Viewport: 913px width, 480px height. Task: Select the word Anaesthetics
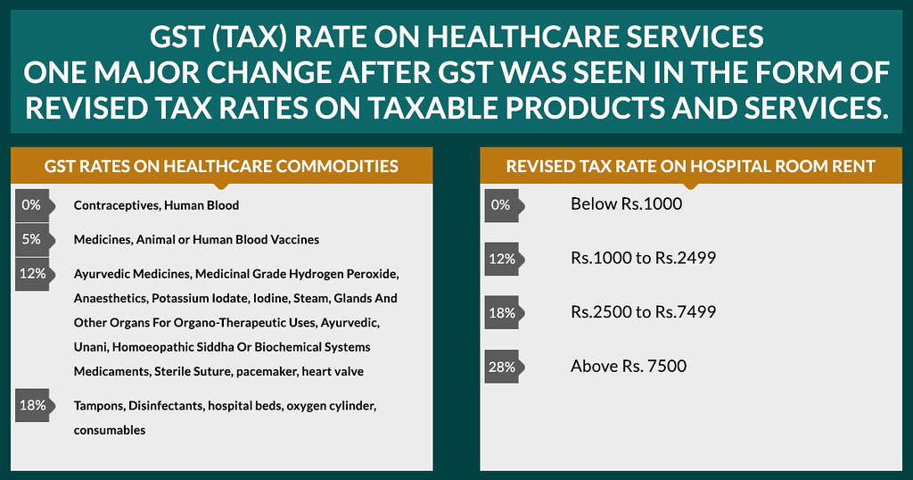111,298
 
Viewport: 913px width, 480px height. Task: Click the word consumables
110,430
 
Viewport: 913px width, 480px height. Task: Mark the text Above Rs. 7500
629,366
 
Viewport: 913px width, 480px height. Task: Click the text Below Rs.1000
626,204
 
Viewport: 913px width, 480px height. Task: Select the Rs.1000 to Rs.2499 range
644,259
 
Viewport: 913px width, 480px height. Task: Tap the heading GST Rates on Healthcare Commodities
221,166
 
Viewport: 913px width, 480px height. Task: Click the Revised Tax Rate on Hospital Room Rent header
691,166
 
